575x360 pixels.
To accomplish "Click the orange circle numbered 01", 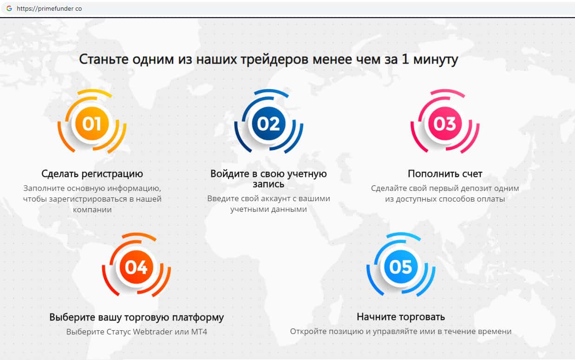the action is click(92, 124).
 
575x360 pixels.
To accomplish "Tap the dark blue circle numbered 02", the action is click(268, 124).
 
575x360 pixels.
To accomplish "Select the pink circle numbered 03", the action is click(445, 124).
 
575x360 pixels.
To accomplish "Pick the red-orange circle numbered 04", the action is click(136, 267).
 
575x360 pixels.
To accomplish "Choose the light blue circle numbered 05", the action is click(401, 267).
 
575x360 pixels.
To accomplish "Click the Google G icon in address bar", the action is click(9, 8).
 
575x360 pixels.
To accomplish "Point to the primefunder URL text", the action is click(49, 9).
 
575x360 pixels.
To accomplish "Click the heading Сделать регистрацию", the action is click(92, 174).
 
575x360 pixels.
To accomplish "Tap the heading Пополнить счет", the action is click(445, 174).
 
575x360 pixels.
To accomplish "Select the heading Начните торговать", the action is click(401, 317).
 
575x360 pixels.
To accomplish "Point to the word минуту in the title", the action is click(436, 60).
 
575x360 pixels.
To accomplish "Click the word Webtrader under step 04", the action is click(152, 332).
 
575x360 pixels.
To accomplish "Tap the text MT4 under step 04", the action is click(199, 332).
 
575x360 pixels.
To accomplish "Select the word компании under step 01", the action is click(92, 209).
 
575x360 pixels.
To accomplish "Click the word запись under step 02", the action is click(268, 184).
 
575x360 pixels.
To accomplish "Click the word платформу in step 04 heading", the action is click(198, 317).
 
